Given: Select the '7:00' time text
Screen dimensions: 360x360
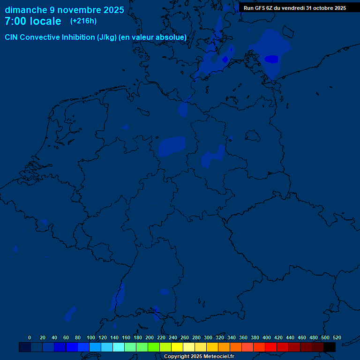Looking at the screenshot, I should (15, 21).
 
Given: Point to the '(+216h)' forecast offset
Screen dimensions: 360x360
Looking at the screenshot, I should (83, 21).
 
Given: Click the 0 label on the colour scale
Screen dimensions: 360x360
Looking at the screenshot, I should (30, 337).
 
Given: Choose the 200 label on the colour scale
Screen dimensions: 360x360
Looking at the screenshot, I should (149, 337).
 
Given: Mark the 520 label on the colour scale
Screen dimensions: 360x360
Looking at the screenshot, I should (337, 337).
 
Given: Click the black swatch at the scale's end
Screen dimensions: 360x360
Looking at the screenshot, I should (330, 347).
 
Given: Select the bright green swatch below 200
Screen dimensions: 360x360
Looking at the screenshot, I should (154, 347).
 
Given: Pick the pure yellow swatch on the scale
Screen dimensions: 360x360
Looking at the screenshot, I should (177, 347).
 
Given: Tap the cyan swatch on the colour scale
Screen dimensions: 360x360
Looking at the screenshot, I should (119, 347).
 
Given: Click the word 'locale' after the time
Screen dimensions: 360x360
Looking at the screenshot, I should (46, 21).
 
